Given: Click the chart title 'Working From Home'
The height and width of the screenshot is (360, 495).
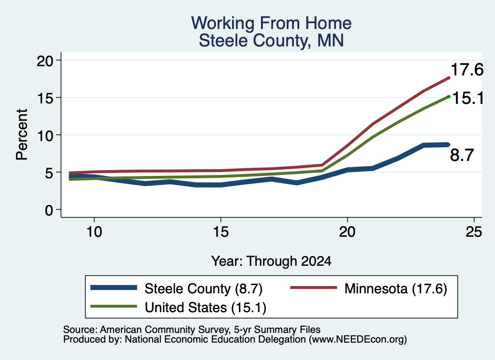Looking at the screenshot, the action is point(271,23).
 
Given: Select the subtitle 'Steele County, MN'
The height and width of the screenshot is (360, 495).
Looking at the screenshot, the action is point(271,41).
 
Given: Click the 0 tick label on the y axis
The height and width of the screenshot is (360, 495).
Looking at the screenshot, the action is point(49,210).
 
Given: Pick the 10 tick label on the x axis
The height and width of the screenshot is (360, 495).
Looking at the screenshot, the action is point(94,232).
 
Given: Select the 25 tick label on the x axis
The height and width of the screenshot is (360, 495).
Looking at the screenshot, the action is point(474,232).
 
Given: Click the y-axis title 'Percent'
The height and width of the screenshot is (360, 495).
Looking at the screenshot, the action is point(22,135).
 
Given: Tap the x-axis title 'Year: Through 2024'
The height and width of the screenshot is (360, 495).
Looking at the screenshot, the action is point(271,261).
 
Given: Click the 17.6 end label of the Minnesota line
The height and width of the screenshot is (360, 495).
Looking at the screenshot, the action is point(467,70).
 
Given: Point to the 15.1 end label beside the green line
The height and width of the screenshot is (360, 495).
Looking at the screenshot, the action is point(468,98).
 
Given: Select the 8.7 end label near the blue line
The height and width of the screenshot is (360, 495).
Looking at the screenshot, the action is point(462,155).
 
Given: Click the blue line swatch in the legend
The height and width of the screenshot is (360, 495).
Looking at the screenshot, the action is point(114,288).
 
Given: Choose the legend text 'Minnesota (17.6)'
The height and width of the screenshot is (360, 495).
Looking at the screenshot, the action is point(395,288).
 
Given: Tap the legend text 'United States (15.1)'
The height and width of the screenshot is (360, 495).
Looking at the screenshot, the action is point(205,307).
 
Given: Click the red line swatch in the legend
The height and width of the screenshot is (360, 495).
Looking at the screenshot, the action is point(313,288).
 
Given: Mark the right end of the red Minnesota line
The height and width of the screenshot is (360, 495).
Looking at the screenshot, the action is point(449,78).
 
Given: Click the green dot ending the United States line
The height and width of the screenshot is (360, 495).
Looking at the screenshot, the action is point(449,97).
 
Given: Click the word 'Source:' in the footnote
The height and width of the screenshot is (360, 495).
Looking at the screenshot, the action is point(80,330).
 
